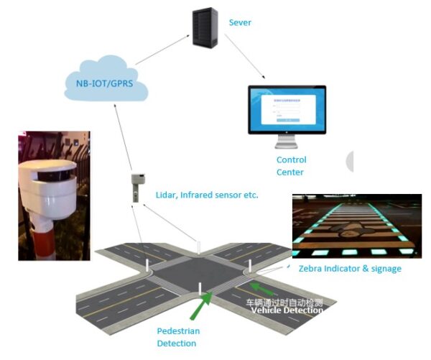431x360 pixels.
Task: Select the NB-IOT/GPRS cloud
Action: (105, 82)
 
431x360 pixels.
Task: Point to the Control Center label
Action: (291, 166)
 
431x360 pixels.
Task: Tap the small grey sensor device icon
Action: (136, 186)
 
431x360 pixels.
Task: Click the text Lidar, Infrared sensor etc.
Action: (206, 195)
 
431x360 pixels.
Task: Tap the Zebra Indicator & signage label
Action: (349, 269)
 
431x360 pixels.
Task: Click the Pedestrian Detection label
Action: (178, 336)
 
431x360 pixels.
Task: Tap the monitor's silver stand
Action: (286, 142)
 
